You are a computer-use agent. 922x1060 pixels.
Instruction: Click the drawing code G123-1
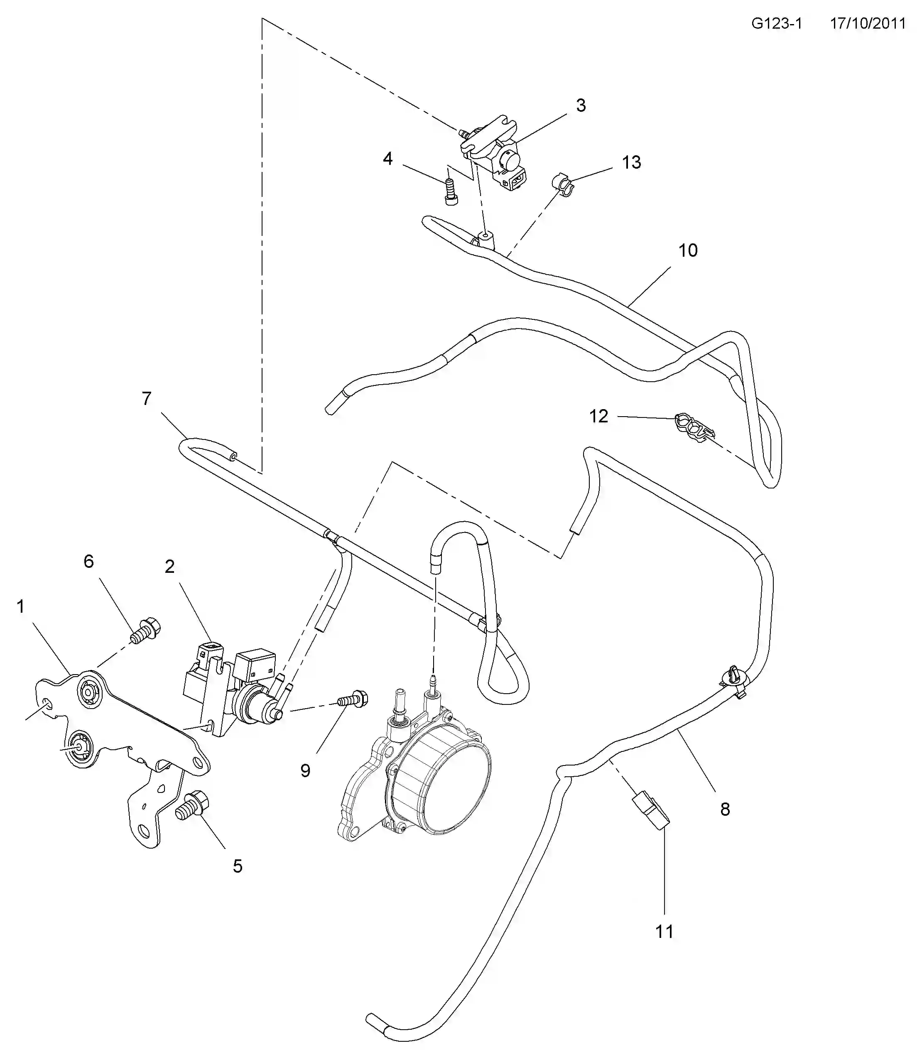tap(776, 24)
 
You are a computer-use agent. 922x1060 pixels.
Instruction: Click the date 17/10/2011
tap(868, 24)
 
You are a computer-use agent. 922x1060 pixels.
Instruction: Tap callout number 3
tap(580, 106)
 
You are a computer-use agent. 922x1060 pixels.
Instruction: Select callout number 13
tap(631, 162)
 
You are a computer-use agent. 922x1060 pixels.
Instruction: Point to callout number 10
tap(688, 250)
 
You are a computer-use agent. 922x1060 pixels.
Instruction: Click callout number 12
tap(598, 416)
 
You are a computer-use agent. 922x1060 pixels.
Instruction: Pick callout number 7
tap(147, 398)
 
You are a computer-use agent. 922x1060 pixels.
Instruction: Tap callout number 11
tap(664, 931)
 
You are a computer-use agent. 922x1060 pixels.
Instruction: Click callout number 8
tap(725, 810)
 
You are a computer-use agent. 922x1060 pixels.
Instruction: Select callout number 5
tap(237, 866)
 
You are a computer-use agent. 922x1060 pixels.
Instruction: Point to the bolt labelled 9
tap(353, 700)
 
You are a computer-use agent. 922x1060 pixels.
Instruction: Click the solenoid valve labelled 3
tap(496, 152)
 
